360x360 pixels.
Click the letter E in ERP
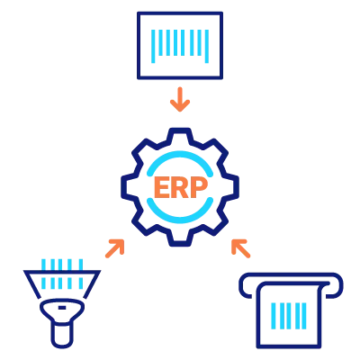pos(162,187)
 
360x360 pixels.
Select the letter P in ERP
pos(199,187)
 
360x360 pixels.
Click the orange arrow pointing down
pos(180,99)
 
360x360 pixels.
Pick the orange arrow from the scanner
pos(115,248)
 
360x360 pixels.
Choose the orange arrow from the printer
pos(240,248)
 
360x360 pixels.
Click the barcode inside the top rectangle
pos(180,46)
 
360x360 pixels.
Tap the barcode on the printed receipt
pos(289,316)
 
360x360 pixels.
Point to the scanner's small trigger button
pos(62,308)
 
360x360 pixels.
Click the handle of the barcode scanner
pos(62,336)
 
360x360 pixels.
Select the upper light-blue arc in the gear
pos(180,159)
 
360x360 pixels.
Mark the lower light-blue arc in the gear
pos(180,214)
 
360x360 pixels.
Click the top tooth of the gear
pos(180,134)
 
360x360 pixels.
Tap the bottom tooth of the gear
pos(180,240)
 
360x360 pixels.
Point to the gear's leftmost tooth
pos(127,187)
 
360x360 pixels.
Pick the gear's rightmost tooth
pos(233,187)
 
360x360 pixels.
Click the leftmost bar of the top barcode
pos(153,46)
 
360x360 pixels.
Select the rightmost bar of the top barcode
pos(207,46)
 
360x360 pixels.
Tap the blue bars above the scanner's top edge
pos(62,264)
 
